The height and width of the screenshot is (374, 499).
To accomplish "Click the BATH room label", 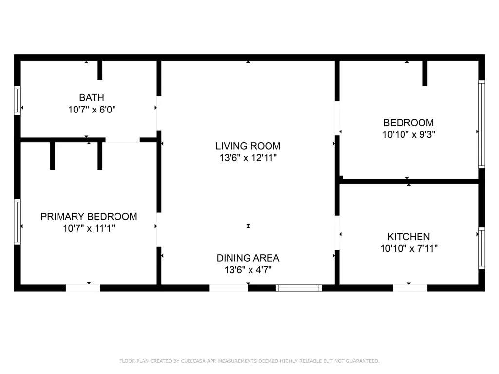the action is tap(92, 97).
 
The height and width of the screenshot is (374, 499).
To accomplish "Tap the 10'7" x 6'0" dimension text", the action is tap(92, 110).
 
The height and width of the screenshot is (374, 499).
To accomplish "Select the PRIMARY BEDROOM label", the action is tap(89, 217).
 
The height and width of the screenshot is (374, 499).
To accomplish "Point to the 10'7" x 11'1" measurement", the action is tap(89, 228).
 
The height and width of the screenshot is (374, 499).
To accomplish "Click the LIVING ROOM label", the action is tap(248, 146).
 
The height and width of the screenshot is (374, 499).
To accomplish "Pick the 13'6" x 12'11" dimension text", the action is tap(248, 158).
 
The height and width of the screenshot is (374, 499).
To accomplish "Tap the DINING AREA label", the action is tap(248, 258).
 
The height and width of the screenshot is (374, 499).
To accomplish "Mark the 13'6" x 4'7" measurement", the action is tap(248, 270).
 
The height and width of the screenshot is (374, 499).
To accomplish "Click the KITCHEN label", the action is tap(409, 237).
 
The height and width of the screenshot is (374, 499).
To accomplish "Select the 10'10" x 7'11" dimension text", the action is tap(409, 248).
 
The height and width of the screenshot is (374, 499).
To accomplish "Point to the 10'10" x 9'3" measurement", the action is tap(409, 134).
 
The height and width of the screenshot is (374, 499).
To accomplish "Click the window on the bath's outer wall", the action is tap(17, 100).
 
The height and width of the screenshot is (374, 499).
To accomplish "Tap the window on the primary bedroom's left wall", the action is tap(17, 222).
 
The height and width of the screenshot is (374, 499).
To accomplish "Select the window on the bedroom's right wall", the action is tap(482, 124).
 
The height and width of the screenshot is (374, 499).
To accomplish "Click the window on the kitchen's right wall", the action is tap(482, 248).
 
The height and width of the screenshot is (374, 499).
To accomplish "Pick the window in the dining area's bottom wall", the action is tap(299, 288).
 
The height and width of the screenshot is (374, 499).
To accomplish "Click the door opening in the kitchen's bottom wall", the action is tap(410, 288).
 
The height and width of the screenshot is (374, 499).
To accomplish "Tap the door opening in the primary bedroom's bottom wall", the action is tap(83, 288).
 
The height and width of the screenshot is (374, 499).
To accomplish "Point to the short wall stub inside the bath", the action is tap(100, 70).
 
